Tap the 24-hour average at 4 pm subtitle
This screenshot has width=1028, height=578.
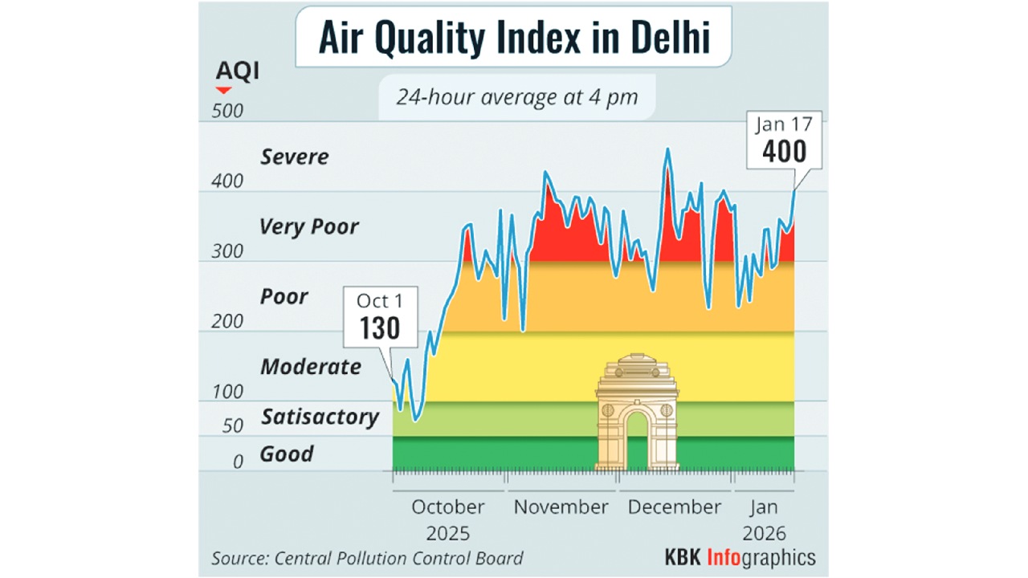click(x=516, y=98)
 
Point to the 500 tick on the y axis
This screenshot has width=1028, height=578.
click(x=226, y=111)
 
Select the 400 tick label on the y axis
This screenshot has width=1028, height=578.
click(x=226, y=181)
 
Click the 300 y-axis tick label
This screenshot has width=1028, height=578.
click(x=226, y=251)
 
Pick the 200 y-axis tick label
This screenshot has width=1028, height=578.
click(x=226, y=321)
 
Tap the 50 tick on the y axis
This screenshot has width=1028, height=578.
click(x=232, y=425)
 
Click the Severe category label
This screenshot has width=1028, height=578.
click(x=294, y=157)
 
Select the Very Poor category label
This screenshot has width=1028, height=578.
click(x=308, y=227)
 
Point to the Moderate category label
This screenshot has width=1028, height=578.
click(x=310, y=367)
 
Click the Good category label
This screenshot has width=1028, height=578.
click(x=286, y=454)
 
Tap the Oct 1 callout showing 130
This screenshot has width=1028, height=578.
click(x=379, y=317)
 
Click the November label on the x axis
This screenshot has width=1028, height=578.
click(x=561, y=507)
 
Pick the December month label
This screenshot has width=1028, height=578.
click(x=675, y=507)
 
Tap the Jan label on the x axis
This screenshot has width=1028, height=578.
click(x=763, y=507)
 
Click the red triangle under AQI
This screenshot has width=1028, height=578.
click(x=223, y=90)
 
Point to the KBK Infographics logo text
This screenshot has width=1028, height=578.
click(x=739, y=557)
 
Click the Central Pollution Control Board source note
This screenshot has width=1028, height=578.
click(x=367, y=558)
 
